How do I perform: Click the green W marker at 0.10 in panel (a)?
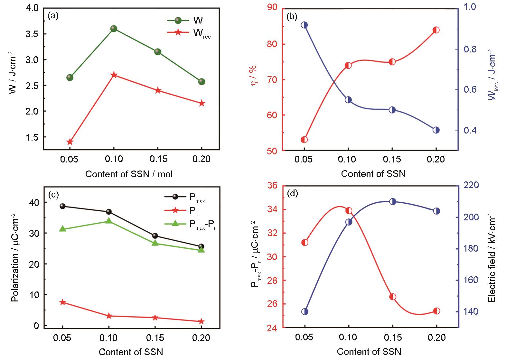point(114,29)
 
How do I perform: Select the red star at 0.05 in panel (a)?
point(70,142)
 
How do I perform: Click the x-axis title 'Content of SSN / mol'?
point(129,174)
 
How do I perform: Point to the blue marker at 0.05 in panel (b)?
point(304,25)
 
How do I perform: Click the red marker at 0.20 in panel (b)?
point(436,30)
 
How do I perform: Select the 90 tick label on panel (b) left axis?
point(274,7)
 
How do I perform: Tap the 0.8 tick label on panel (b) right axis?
point(468,49)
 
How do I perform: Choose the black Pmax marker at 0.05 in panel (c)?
point(63,206)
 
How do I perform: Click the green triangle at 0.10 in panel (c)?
point(109,221)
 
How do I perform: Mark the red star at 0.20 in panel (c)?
point(201,321)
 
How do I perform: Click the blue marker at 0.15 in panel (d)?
point(392,202)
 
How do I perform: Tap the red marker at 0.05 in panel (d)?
point(305,242)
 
